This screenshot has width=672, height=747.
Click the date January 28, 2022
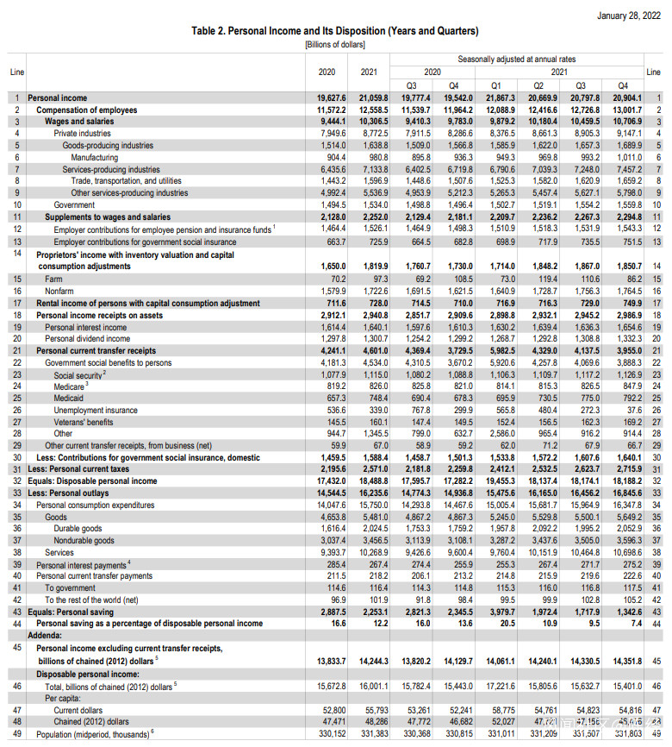coord(626,16)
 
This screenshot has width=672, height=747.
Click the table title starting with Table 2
coord(335,31)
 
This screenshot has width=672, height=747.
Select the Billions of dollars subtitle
coord(335,44)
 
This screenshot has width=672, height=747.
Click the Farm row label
coord(53,279)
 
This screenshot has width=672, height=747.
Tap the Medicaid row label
coord(69,399)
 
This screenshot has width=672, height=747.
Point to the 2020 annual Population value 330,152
coord(330,732)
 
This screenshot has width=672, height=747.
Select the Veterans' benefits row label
coord(84,423)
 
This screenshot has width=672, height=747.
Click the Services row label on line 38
coord(59,552)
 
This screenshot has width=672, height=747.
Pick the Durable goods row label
coord(78,527)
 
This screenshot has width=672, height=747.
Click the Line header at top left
coord(17,72)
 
